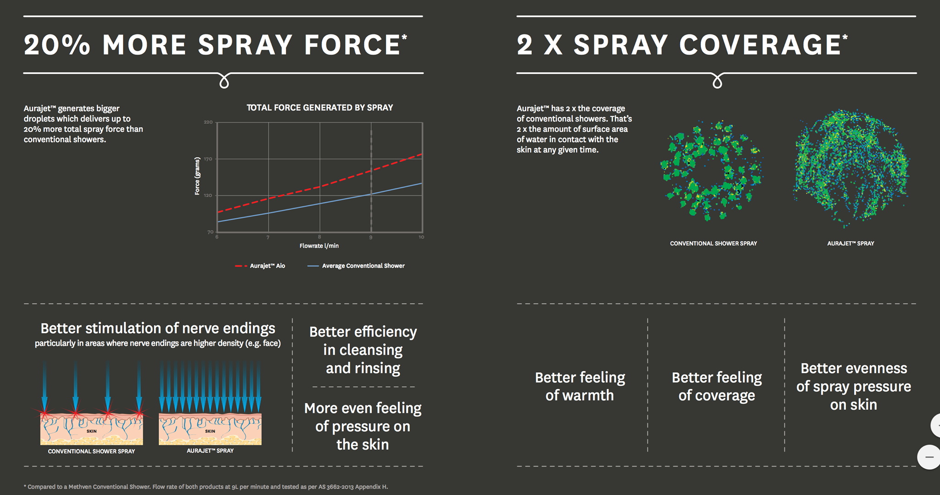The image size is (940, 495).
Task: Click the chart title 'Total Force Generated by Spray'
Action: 319,108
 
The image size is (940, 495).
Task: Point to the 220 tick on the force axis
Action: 208,122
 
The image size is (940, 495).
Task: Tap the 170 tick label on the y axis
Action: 208,159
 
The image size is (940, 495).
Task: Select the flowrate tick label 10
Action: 421,237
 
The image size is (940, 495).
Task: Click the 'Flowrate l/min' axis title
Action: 319,246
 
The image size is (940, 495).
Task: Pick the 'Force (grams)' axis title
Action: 197,176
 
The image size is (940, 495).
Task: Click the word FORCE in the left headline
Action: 352,45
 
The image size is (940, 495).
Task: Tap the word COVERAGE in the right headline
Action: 760,45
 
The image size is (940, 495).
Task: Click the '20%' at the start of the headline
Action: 57,45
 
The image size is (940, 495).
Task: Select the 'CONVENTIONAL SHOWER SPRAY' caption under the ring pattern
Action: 713,244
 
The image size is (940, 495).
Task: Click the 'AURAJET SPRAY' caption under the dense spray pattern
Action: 850,244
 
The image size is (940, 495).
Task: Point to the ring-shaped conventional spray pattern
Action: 711,170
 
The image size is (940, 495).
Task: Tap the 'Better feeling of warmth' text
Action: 580,386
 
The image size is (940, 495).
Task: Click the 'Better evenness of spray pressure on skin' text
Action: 854,386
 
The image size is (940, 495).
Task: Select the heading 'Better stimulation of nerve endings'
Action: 158,328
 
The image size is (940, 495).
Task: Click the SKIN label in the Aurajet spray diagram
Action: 210,431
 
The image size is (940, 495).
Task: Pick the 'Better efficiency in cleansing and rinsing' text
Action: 363,350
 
